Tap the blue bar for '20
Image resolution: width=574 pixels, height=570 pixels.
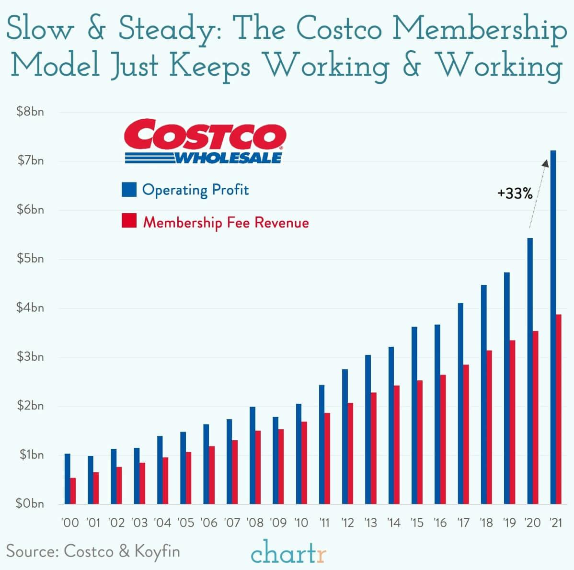tap(530, 371)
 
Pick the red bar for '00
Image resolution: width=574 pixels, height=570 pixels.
tap(73, 491)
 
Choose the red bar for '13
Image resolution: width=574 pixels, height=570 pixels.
tap(373, 448)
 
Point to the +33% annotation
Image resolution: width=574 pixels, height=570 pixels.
tap(515, 194)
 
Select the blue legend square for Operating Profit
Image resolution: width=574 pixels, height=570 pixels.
tap(129, 190)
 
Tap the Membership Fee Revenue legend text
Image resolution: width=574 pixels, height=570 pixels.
tap(226, 222)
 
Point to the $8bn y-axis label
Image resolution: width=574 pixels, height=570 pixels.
tap(30, 112)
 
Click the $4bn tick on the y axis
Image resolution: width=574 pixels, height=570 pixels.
tap(30, 308)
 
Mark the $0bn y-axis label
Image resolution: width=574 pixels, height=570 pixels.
tap(30, 503)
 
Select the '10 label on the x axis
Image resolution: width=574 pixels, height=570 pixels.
tap(301, 523)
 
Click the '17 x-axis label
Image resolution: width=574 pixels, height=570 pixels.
tap(463, 523)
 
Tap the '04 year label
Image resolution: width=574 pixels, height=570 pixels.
tap(162, 523)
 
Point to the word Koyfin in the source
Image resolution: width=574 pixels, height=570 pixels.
tap(157, 551)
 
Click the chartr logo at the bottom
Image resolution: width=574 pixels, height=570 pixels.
tap(288, 554)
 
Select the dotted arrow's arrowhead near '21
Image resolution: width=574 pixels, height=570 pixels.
tap(545, 163)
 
